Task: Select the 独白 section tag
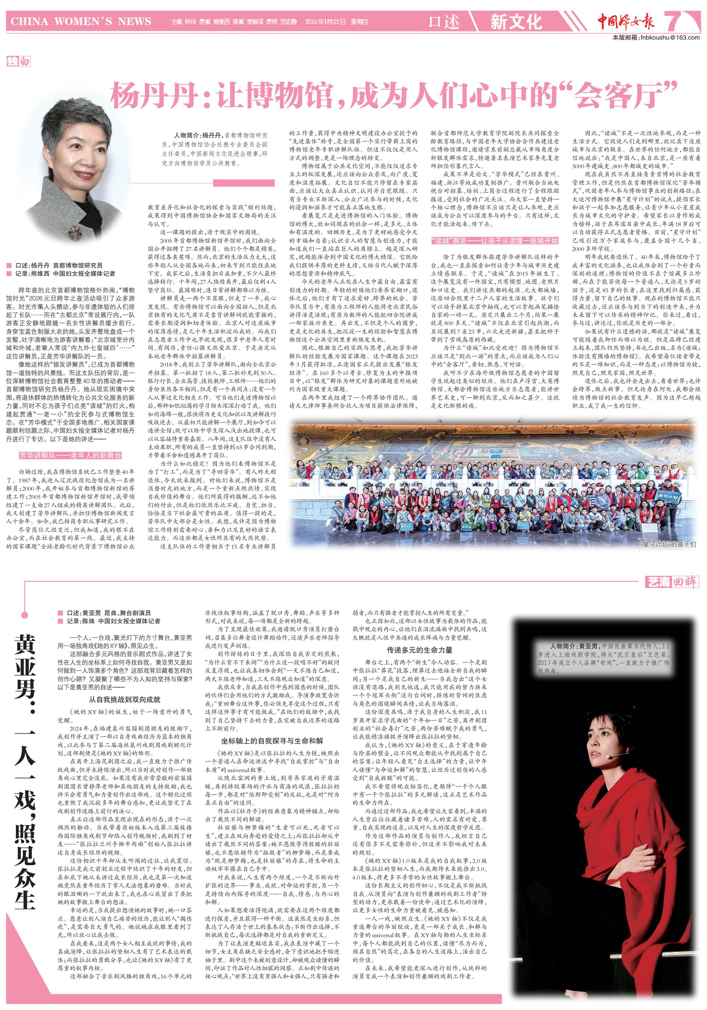pos(18,61)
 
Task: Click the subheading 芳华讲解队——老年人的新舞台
pos(70,455)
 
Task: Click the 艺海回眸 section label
pos(671,582)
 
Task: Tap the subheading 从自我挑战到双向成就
pos(125,699)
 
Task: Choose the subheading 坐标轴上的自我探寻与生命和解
pos(272,740)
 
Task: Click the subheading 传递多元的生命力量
pos(420,650)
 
